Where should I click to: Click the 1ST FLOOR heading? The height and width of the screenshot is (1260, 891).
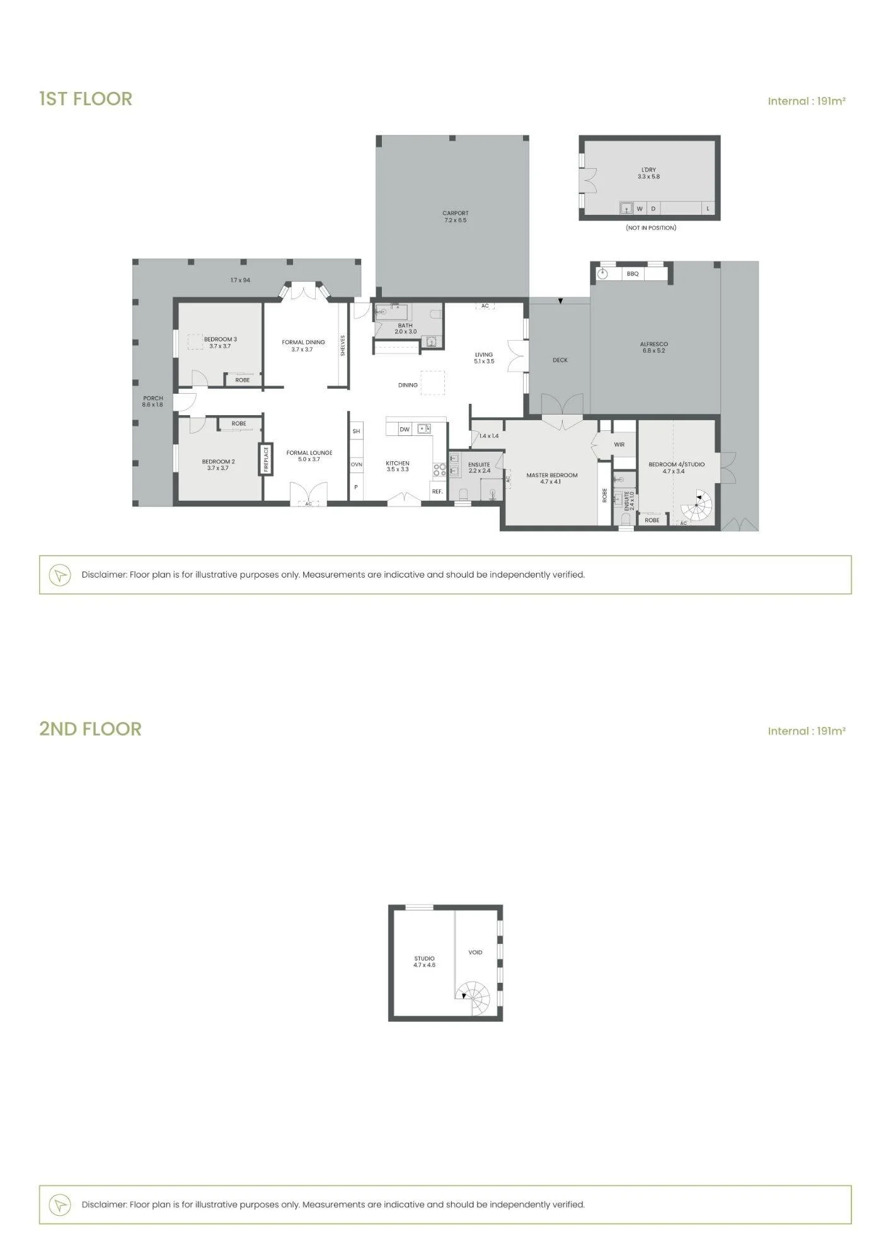tap(86, 99)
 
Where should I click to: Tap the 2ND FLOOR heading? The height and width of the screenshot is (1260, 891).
tap(90, 729)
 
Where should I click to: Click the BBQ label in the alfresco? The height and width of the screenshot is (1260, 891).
tap(633, 273)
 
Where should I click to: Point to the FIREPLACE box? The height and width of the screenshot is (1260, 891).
tap(267, 459)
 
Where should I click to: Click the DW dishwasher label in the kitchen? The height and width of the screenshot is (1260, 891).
tap(405, 430)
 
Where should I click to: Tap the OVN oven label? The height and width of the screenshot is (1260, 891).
tap(357, 464)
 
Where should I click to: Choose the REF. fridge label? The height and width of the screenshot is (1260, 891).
tap(437, 491)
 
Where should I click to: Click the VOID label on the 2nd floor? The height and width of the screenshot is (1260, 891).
tap(475, 952)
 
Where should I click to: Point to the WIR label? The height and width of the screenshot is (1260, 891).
tap(619, 445)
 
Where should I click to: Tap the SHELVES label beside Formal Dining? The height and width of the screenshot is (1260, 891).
tap(343, 345)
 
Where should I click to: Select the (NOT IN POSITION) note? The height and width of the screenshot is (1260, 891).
tap(651, 227)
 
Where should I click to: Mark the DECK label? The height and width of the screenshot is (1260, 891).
tap(560, 360)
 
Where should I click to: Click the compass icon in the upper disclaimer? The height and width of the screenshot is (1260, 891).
tap(60, 575)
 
